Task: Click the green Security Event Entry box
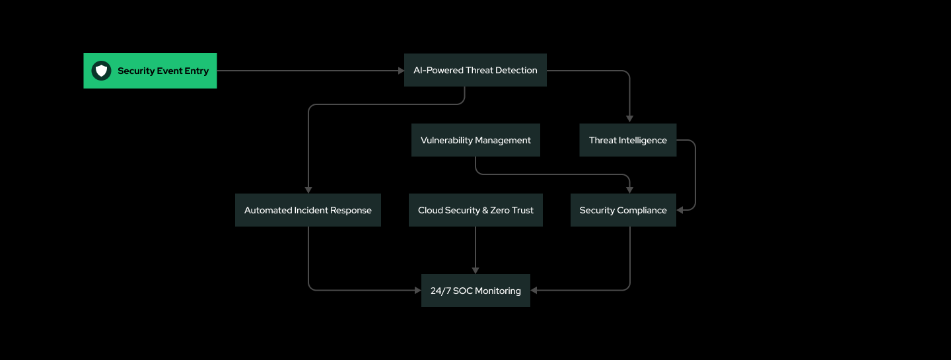(x=150, y=71)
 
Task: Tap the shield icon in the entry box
(x=101, y=71)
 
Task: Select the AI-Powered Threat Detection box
(x=475, y=70)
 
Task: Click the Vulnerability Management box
(x=475, y=140)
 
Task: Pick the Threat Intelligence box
(x=627, y=140)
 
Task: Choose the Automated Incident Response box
(x=308, y=210)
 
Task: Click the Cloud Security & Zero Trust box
(x=475, y=210)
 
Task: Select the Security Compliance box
(x=623, y=210)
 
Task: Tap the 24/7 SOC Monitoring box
(x=475, y=291)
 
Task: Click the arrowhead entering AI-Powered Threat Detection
(x=401, y=70)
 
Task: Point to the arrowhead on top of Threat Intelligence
(x=630, y=120)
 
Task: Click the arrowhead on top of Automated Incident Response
(x=308, y=190)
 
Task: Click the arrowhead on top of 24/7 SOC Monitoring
(x=475, y=270)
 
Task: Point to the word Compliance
(x=642, y=210)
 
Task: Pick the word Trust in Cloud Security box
(x=522, y=210)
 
